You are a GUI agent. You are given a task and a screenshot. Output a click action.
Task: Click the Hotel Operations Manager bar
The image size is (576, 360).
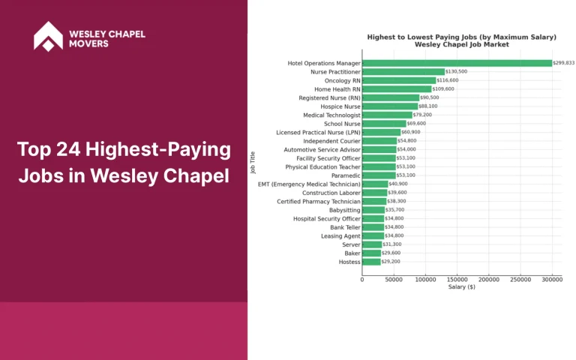click(457, 63)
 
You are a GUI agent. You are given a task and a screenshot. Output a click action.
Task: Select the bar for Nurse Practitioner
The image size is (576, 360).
click(403, 72)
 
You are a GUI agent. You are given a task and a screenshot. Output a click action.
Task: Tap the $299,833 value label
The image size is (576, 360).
click(563, 63)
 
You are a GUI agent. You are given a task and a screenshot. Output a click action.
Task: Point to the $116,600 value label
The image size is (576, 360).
click(448, 80)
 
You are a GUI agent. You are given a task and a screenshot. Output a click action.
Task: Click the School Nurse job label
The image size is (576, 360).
click(342, 124)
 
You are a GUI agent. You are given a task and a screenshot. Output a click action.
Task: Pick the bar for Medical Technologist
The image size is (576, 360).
click(387, 115)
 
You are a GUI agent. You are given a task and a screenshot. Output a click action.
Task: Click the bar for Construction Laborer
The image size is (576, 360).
click(374, 193)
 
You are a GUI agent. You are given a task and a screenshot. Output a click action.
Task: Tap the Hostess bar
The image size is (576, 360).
click(371, 262)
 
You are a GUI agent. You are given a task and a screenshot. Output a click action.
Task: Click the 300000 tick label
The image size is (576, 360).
click(552, 279)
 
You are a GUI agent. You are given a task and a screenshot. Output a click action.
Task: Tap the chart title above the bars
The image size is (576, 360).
click(461, 40)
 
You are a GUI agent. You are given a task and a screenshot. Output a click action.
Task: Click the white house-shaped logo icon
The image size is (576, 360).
click(48, 35)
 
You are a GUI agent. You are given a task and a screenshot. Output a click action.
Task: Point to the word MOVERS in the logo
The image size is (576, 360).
click(88, 43)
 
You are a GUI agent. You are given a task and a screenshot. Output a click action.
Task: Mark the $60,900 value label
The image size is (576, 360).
click(410, 132)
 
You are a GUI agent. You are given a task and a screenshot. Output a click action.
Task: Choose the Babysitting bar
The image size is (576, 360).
click(373, 210)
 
